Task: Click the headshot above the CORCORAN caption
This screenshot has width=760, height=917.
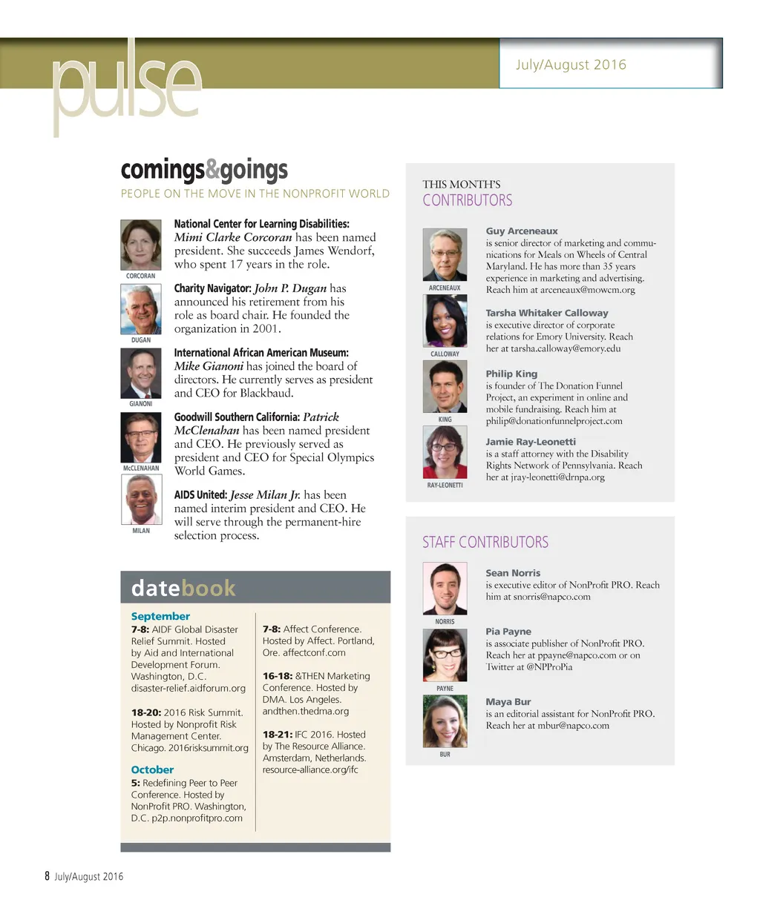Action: click(x=141, y=245)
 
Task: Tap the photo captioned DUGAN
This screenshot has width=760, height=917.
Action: click(x=141, y=309)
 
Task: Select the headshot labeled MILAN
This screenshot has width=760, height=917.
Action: click(x=141, y=499)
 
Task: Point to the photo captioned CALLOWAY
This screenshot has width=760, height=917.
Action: click(x=445, y=321)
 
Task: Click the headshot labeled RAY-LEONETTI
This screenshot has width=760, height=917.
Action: click(x=445, y=453)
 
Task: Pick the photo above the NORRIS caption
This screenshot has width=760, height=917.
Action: click(x=445, y=589)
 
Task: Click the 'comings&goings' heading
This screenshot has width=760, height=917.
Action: click(x=204, y=170)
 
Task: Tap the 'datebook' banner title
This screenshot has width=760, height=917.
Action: click(x=183, y=588)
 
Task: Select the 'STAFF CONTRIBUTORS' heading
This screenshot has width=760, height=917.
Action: click(x=485, y=542)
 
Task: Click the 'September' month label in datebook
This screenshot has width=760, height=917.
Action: click(x=160, y=616)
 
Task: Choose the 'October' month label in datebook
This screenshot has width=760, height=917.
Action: click(x=152, y=769)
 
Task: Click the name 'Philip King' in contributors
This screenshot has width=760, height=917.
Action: click(x=511, y=374)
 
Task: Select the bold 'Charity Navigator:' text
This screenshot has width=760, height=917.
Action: click(x=212, y=288)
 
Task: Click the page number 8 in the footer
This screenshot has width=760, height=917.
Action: click(x=47, y=876)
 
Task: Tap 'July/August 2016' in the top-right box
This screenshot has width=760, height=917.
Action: click(x=571, y=64)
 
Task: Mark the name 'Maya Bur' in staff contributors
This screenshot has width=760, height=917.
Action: click(x=508, y=701)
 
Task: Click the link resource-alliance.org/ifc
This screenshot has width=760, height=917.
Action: click(x=310, y=769)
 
